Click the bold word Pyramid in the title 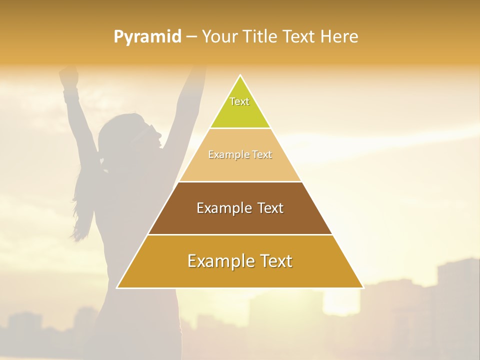point(147,37)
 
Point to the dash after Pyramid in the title point(191,37)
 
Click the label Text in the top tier point(239,101)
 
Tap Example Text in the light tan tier point(240,154)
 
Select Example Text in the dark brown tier point(240,208)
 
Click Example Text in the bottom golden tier point(240,261)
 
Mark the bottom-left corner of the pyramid point(117,287)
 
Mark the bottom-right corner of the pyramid point(363,287)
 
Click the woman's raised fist point(69,76)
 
